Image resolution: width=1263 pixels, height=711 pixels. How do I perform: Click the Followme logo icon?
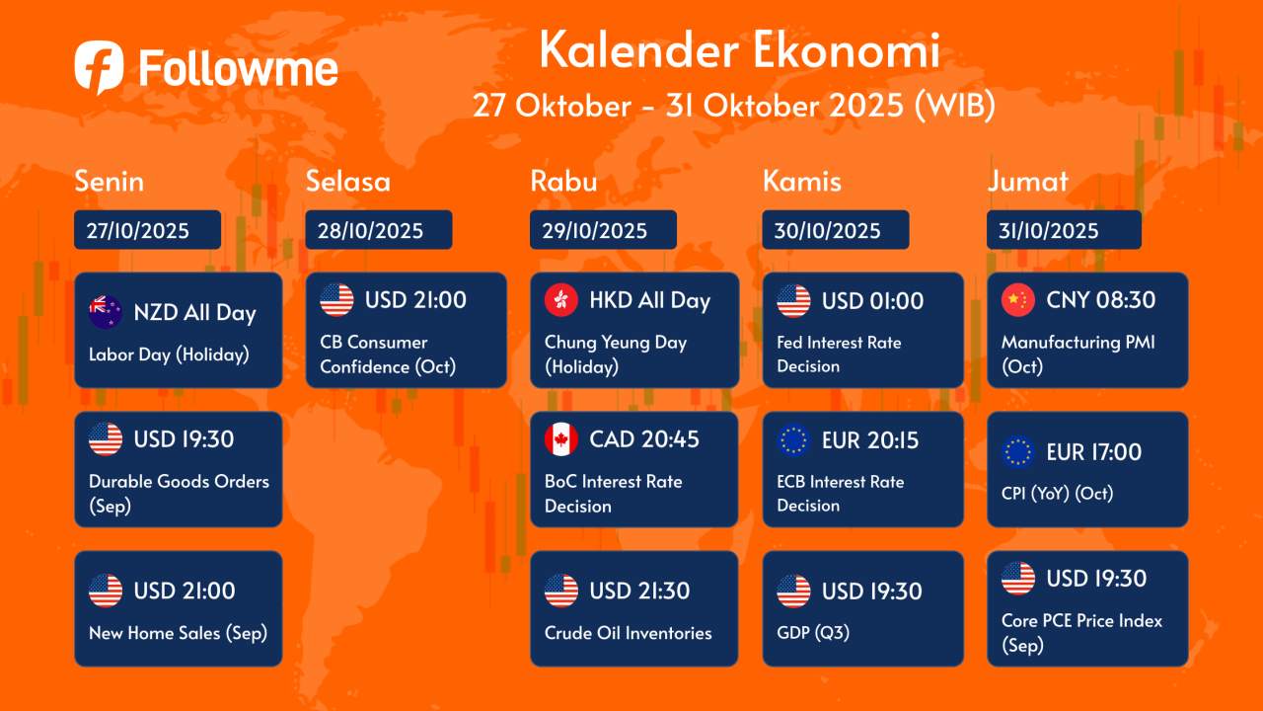point(99,67)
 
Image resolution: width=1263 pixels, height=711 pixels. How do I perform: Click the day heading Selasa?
point(347,182)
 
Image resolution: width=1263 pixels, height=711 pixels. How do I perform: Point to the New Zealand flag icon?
point(106,312)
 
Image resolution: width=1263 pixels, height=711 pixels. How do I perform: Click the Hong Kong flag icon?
point(561,300)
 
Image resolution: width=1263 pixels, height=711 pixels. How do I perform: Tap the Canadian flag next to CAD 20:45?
point(561,439)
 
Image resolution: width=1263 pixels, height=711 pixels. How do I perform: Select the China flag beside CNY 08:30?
point(1018,300)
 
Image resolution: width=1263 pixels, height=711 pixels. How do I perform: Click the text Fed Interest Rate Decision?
point(839,355)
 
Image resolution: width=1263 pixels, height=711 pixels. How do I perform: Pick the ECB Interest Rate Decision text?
point(840,494)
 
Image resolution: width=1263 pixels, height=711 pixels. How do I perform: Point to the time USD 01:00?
point(872,300)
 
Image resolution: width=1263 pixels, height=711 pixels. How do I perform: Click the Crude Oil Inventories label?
point(628,633)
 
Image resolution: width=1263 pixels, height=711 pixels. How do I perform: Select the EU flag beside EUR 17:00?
point(1018,452)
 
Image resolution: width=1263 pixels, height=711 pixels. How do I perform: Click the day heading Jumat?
point(1027,182)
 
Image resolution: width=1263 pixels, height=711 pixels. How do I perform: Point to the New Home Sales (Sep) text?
point(178,633)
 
